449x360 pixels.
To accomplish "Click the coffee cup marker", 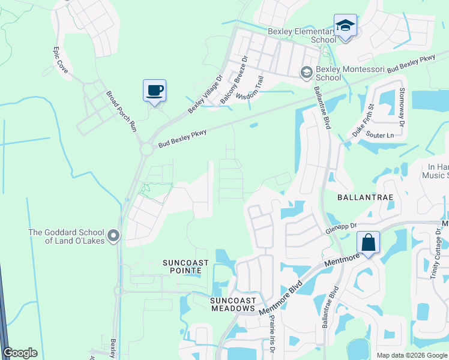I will (x=154, y=91).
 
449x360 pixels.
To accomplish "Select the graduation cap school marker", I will (x=345, y=26).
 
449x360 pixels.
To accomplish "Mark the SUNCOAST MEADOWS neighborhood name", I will (x=233, y=304).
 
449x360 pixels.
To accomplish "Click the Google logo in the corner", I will (x=20, y=353).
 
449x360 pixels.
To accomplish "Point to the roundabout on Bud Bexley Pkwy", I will (x=146, y=149).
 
